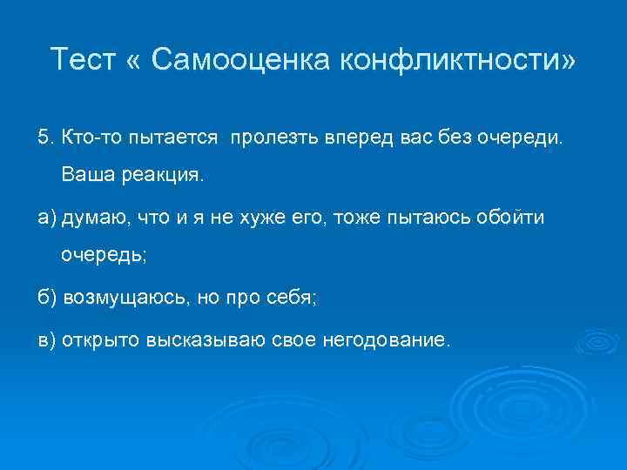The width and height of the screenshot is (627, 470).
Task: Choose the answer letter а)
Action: coord(46,217)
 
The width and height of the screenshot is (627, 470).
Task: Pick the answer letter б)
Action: coord(46,298)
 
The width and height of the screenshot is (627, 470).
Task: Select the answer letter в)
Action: coord(46,339)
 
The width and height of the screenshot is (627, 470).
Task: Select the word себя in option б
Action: coord(295,298)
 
